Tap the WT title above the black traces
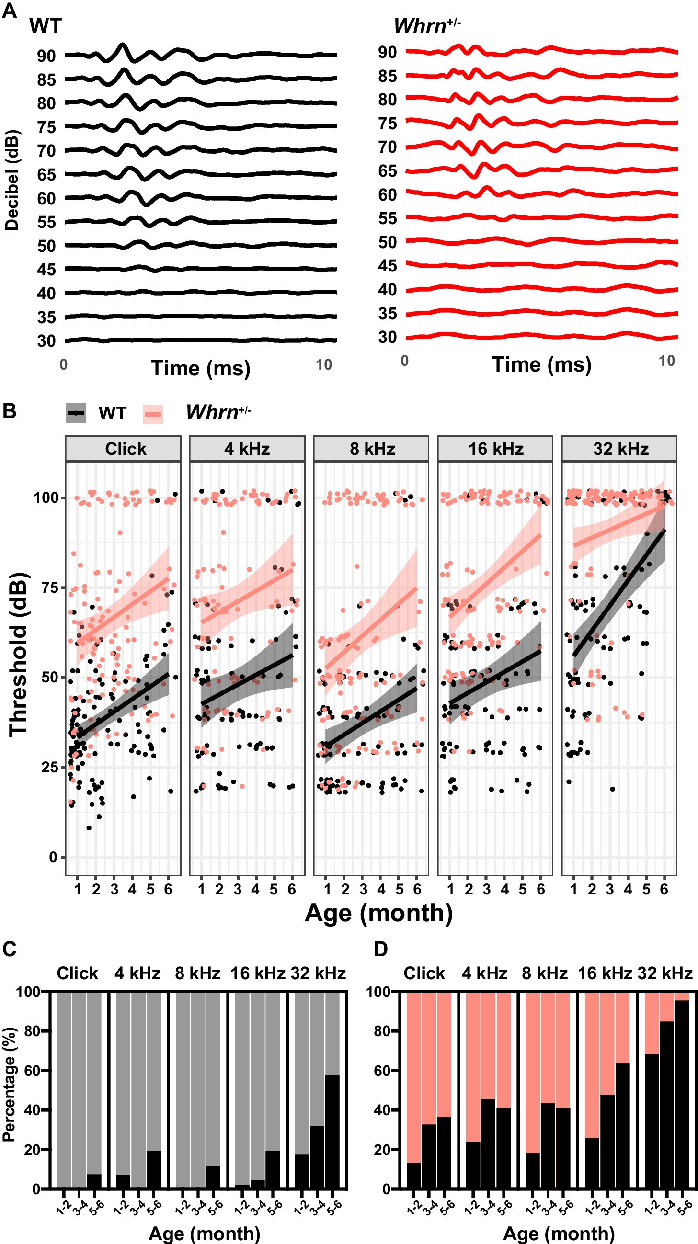point(46,26)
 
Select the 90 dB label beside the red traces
point(388,52)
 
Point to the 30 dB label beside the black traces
point(46,341)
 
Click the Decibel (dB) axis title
point(11,180)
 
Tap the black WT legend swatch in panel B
point(76,413)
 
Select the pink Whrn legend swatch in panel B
point(153,414)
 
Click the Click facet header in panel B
point(126,449)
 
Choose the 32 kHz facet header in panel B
point(621,449)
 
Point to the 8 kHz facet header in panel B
point(372,449)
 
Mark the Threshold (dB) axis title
point(18,655)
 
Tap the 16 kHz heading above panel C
point(258,973)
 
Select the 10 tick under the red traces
point(666,361)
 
